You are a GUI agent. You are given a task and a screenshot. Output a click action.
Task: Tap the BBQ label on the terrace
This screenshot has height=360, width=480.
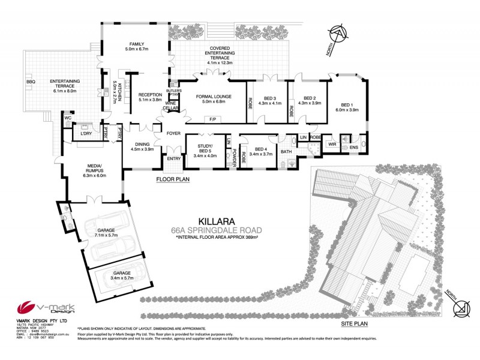coord(30,82)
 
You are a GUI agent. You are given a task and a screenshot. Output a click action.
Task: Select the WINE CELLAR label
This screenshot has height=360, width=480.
coord(172,106)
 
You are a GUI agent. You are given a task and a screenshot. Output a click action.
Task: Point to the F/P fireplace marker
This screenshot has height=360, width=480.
coord(212,119)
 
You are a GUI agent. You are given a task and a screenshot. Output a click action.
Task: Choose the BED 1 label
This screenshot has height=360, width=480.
coord(342,103)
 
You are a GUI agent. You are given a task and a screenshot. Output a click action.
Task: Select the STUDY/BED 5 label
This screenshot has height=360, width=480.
coord(206,149)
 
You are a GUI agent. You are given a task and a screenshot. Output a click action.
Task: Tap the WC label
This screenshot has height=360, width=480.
coord(68,118)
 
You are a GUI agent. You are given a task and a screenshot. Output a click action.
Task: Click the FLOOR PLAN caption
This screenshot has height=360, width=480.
coord(173,179)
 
